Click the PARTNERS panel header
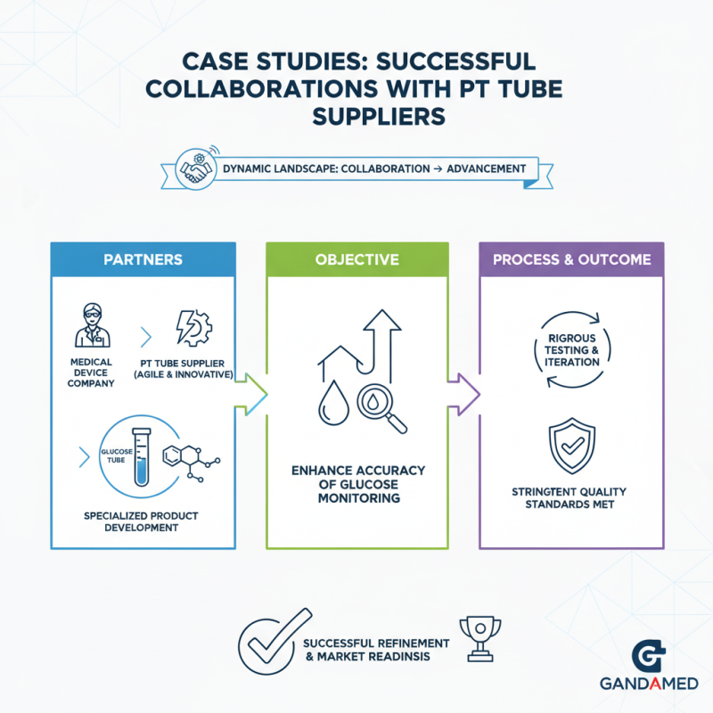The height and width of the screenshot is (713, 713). (x=143, y=259)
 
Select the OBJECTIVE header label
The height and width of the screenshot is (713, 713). (x=357, y=259)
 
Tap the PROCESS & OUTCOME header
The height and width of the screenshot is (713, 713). (x=571, y=259)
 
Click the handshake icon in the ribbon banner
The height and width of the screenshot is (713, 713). (x=196, y=169)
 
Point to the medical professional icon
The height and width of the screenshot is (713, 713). (x=93, y=325)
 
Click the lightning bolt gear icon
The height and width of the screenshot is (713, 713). (x=194, y=328)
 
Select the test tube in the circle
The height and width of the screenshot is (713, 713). (x=142, y=456)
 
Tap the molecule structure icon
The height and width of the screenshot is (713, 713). (x=191, y=463)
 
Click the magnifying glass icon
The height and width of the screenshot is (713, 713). (x=381, y=408)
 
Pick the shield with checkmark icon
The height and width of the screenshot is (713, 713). (x=572, y=447)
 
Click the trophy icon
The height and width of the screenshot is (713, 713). (x=480, y=638)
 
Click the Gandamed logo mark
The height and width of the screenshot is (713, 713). (x=649, y=655)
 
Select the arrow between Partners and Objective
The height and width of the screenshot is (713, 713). (x=251, y=394)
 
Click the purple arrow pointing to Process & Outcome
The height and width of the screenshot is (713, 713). (x=463, y=394)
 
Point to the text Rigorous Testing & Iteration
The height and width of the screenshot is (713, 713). (x=571, y=350)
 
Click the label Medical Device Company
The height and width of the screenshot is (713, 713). (x=91, y=373)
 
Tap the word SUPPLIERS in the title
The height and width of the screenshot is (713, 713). (x=379, y=117)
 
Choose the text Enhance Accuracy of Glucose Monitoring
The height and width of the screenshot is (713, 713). (x=358, y=484)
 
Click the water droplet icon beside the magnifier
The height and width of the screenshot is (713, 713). (x=333, y=403)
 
